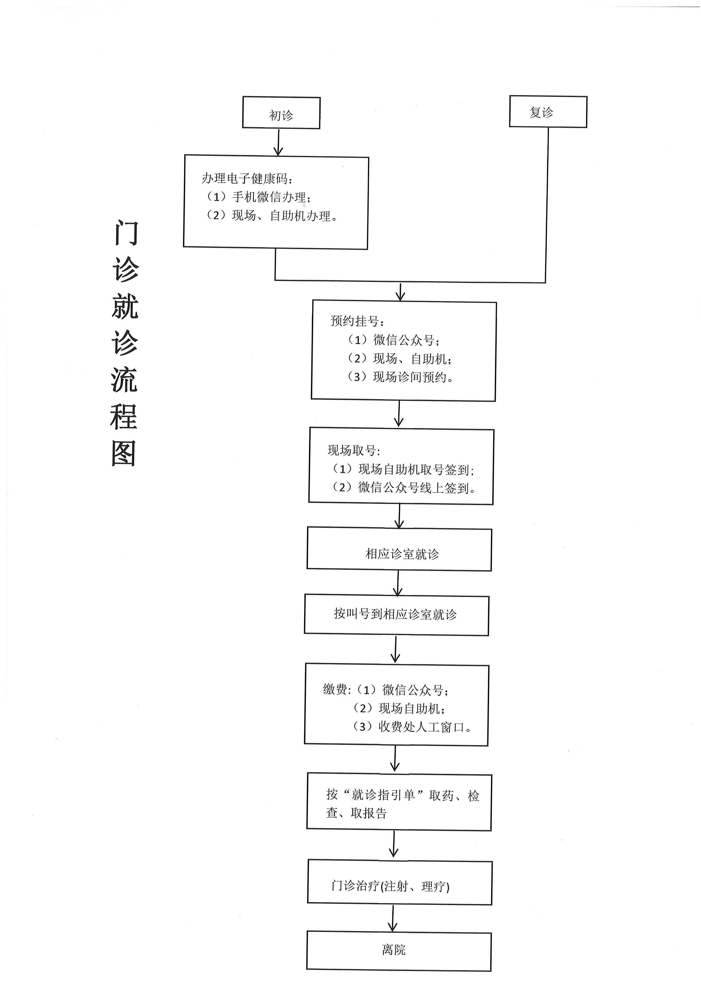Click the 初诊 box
[281, 113]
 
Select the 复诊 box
[548, 111]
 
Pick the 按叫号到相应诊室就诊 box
[396, 615]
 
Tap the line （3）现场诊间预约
[400, 377]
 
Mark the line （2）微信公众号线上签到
[404, 488]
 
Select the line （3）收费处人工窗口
[412, 727]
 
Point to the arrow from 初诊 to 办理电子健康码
[278, 143]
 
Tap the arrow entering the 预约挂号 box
[400, 292]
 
